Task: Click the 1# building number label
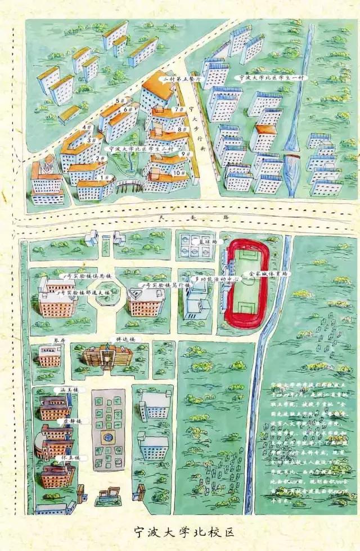[x=105, y=177]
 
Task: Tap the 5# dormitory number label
[x=120, y=101]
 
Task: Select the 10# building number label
[x=179, y=173]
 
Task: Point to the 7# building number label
[x=179, y=109]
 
